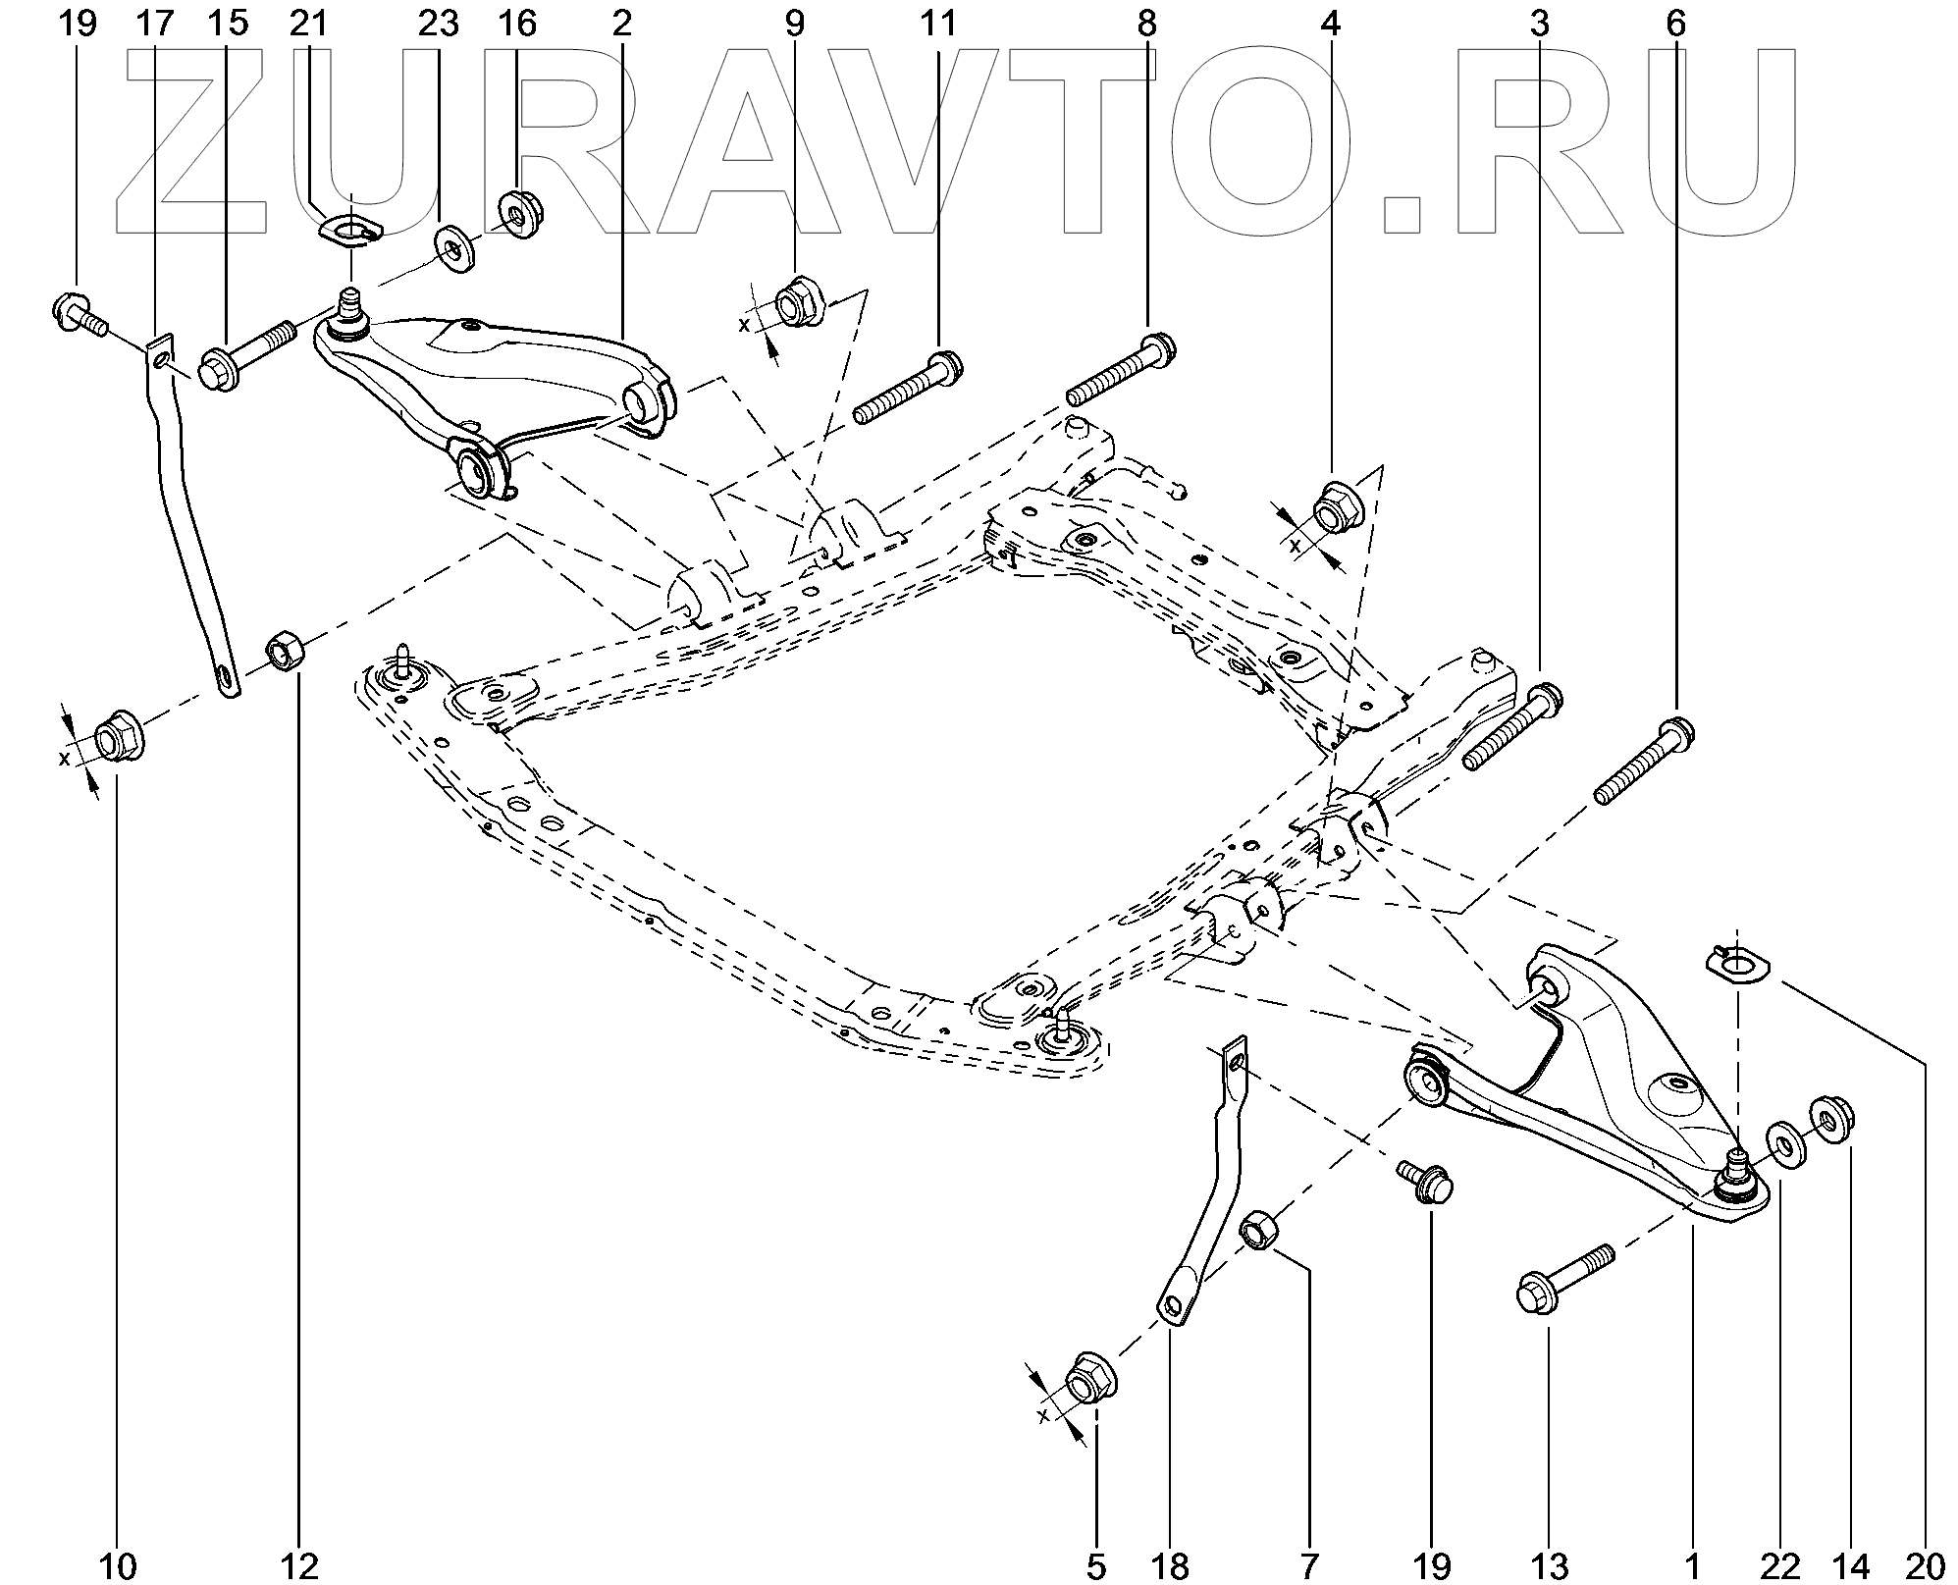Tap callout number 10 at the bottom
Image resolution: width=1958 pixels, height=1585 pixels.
point(118,1566)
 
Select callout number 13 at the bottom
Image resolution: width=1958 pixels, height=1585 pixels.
point(1548,1566)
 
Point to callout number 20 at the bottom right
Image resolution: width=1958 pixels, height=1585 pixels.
point(1924,1566)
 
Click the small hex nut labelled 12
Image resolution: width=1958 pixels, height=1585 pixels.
point(286,650)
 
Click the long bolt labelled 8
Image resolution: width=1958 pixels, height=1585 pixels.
point(1120,372)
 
